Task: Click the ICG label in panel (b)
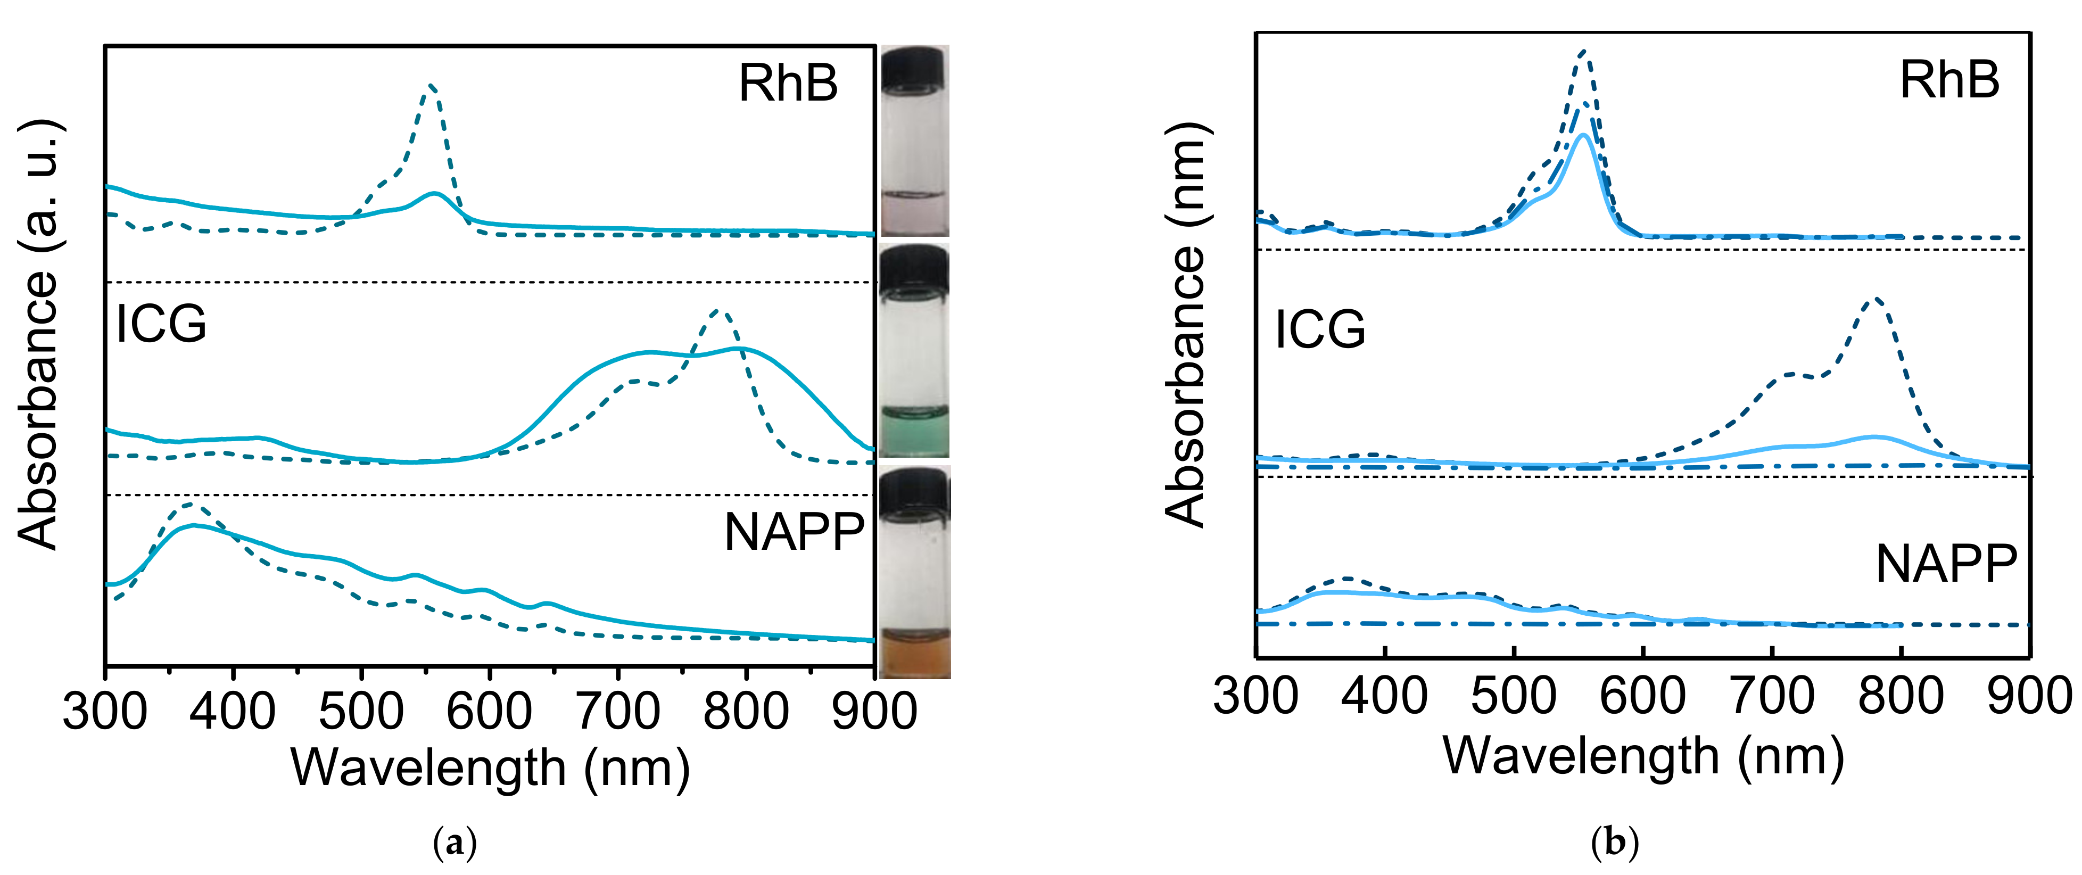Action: (1320, 329)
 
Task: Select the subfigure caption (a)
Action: (455, 844)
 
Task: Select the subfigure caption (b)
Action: (1614, 844)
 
